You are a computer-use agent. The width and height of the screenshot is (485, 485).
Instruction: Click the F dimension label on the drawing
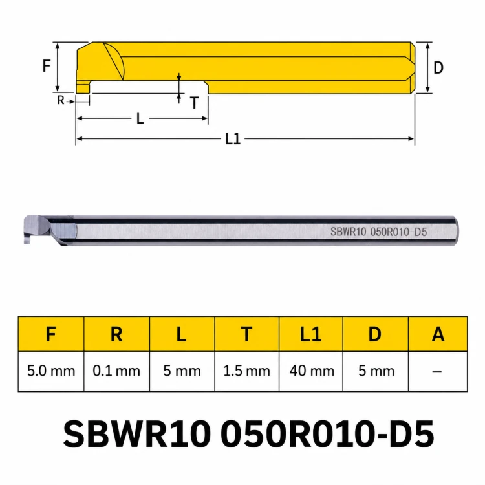click(47, 65)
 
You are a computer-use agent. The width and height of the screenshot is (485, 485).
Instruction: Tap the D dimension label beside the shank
click(438, 67)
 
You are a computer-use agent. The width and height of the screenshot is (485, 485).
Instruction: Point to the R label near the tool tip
click(61, 100)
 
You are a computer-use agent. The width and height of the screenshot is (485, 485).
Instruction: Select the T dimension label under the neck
click(194, 103)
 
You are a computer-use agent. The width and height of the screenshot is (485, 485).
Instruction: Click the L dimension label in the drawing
click(140, 118)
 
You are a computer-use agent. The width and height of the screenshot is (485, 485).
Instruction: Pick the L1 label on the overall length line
click(233, 138)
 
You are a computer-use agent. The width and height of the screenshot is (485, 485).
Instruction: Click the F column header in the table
click(50, 334)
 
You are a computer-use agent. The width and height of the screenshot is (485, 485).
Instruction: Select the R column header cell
click(116, 334)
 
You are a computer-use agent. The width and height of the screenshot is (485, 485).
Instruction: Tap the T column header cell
click(246, 334)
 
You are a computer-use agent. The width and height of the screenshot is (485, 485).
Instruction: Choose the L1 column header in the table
click(310, 334)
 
